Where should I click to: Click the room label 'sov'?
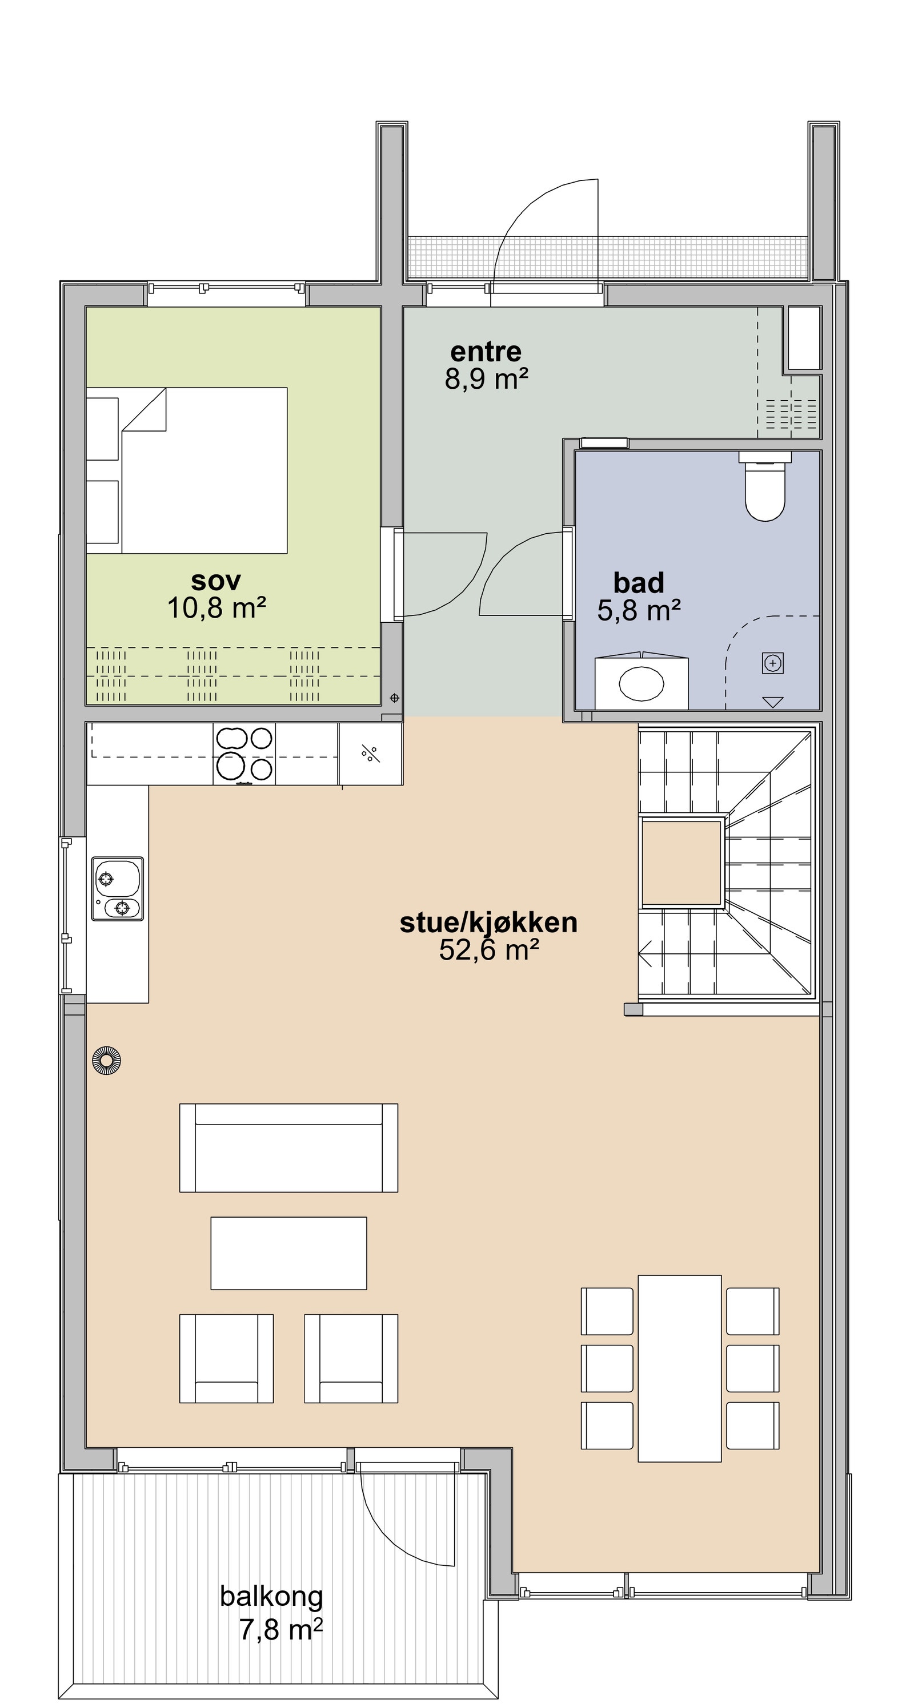216,580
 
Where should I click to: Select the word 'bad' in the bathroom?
638,583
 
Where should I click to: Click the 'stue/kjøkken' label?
488,922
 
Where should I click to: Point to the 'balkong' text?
271,1596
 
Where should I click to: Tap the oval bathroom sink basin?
642,684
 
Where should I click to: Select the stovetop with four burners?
243,754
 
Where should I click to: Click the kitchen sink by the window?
117,888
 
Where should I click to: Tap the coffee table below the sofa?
288,1253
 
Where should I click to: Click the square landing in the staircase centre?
681,863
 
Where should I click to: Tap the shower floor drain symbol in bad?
772,663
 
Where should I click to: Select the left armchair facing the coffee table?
226,1359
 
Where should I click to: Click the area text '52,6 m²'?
488,950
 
